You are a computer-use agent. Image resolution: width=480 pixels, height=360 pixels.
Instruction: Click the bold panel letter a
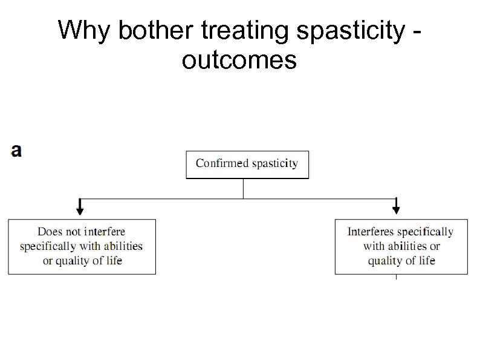tap(16, 151)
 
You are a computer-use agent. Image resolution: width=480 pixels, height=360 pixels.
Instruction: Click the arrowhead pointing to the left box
tap(80, 209)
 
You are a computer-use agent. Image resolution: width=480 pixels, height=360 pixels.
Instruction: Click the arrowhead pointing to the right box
tap(396, 209)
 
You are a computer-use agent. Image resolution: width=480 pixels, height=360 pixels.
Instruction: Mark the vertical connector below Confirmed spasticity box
tap(243, 188)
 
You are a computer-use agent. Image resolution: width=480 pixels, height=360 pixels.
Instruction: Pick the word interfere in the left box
tap(105, 231)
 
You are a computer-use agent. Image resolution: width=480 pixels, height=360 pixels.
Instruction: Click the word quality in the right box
tap(384, 261)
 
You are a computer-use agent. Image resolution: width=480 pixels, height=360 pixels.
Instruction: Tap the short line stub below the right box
tap(396, 277)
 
